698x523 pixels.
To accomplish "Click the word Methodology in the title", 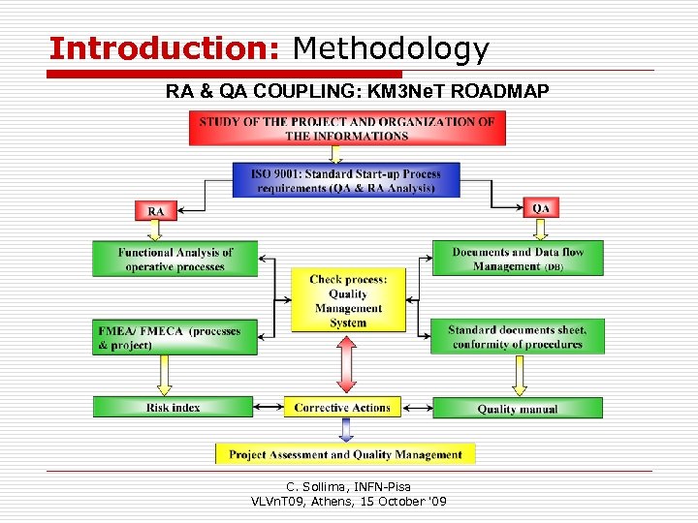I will point(391,48).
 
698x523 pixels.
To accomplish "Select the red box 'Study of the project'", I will point(347,129).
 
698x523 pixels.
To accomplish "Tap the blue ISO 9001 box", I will point(346,181).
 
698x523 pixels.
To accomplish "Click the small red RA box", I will point(155,210).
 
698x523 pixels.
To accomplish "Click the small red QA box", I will point(541,207).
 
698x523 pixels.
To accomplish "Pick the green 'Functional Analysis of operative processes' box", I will point(175,260).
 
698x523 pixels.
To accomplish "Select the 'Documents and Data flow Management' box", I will point(517,259).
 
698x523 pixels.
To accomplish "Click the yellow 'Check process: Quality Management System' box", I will point(348,301).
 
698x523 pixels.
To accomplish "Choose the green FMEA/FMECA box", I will point(175,337).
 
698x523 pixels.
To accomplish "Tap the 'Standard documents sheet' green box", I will point(517,337).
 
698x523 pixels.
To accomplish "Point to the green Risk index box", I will point(173,408).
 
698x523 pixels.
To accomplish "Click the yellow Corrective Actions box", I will point(342,408).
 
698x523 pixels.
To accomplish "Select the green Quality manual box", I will point(517,409).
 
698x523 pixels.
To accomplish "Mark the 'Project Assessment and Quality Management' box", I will point(345,454).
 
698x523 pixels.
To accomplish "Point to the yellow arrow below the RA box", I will point(155,231).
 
